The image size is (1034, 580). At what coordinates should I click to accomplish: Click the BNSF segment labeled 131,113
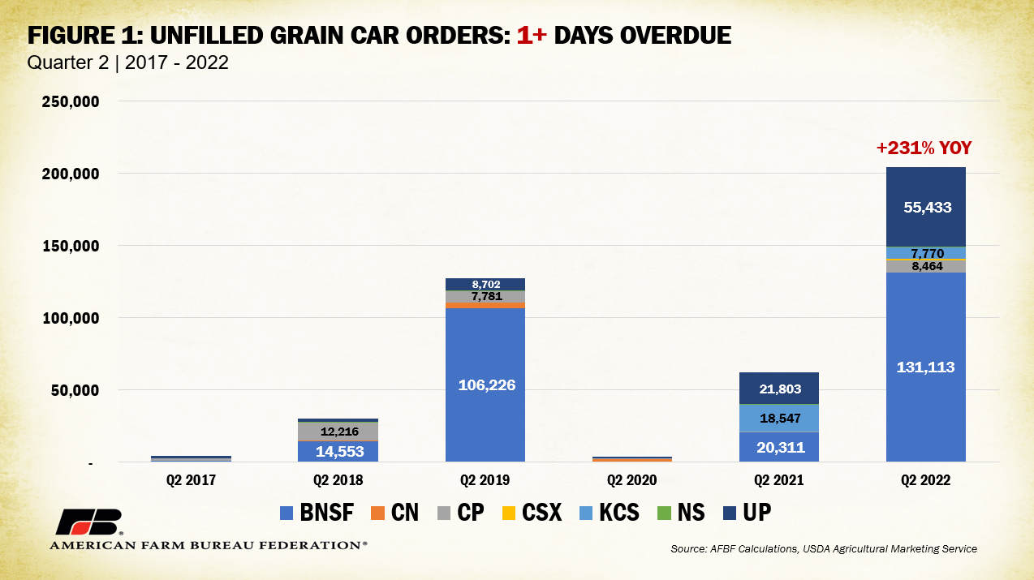[x=925, y=367]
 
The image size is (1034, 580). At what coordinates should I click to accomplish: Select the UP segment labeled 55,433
[x=925, y=207]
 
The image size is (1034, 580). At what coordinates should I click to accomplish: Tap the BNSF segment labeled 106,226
[x=485, y=385]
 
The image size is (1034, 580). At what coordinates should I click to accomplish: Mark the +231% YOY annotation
[x=924, y=148]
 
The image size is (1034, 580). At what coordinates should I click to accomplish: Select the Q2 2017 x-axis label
[x=191, y=480]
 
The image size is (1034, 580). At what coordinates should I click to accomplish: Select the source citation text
[x=824, y=549]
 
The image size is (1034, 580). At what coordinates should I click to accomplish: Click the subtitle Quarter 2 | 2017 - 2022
[x=128, y=62]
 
